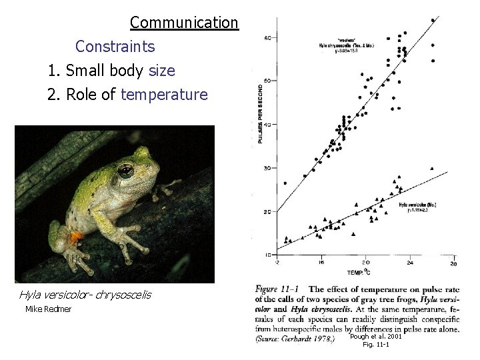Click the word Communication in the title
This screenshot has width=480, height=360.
[x=183, y=23]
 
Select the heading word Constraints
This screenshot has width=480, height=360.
[x=115, y=47]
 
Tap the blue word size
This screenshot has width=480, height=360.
[x=162, y=71]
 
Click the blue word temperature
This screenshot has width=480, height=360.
[x=164, y=95]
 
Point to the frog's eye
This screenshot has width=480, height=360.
[x=125, y=171]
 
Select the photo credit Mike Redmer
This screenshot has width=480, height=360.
[x=48, y=309]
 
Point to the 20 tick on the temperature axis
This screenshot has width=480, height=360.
[x=365, y=263]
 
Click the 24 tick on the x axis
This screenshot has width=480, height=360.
[x=409, y=263]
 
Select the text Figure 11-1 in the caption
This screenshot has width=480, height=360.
[x=277, y=289]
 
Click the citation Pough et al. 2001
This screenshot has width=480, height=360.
[x=375, y=337]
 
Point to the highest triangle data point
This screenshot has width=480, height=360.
[x=432, y=169]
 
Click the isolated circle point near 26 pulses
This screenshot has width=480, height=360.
[x=285, y=183]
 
